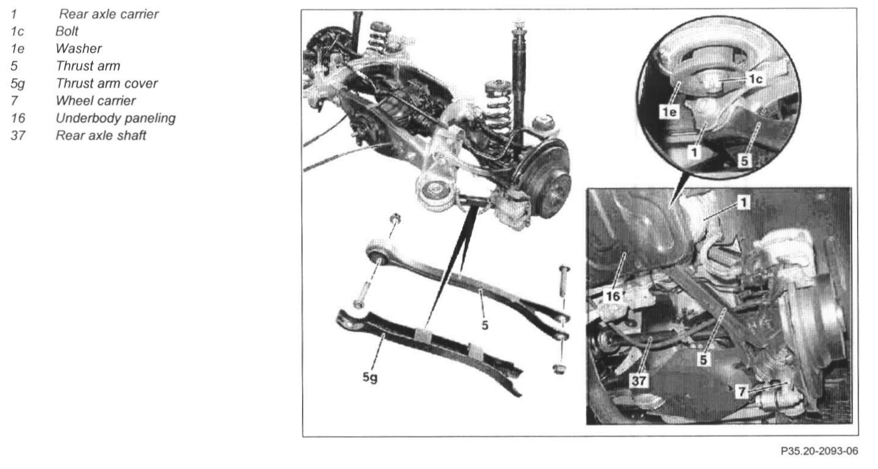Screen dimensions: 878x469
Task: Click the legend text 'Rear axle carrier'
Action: coord(109,14)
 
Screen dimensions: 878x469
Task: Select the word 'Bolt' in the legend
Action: coord(67,31)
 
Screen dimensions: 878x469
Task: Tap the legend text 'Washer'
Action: coord(79,49)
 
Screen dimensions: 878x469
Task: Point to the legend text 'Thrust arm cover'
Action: coord(107,83)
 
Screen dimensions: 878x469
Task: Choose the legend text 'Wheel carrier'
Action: coord(95,101)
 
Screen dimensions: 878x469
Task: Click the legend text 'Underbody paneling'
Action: coord(116,118)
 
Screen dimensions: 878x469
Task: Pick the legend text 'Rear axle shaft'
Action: coord(101,136)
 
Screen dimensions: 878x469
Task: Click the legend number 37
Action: coord(17,136)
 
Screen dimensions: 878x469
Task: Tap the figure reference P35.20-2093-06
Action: coord(819,451)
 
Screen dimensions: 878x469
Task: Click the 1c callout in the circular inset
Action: coord(755,80)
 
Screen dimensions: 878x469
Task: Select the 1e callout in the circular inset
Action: coord(669,112)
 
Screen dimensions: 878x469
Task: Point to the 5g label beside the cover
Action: coord(370,377)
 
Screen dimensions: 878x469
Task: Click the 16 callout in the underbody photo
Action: coord(613,296)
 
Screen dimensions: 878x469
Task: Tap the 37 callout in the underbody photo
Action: coord(639,380)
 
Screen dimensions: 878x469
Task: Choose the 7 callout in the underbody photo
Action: coord(742,391)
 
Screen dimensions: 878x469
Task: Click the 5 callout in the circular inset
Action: coord(745,161)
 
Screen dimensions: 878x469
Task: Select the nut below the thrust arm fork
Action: coord(559,369)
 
